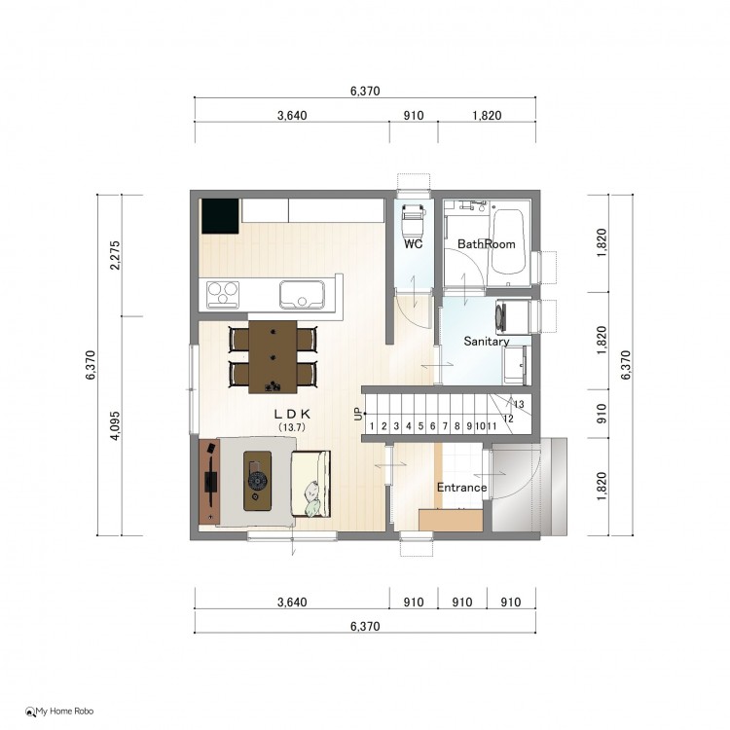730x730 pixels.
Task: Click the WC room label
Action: (x=414, y=244)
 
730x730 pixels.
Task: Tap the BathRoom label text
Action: (x=487, y=244)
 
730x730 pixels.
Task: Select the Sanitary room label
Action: (x=487, y=342)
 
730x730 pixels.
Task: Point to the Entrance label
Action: (x=461, y=488)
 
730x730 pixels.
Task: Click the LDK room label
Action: (x=292, y=414)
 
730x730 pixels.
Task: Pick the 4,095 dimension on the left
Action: (x=115, y=425)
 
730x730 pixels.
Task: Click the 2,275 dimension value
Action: (x=115, y=255)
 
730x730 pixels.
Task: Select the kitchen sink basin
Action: (x=302, y=294)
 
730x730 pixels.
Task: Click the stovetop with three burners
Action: (x=223, y=295)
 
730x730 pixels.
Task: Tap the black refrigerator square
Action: (x=220, y=216)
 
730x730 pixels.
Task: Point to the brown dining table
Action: (x=273, y=356)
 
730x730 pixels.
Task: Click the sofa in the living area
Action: (x=311, y=484)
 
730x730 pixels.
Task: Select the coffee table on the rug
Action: (x=258, y=481)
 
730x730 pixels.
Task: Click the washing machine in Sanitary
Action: (x=513, y=317)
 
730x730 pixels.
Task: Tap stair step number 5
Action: (x=420, y=426)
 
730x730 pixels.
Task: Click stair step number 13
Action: (x=519, y=404)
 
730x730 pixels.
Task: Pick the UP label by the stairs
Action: (x=358, y=414)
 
